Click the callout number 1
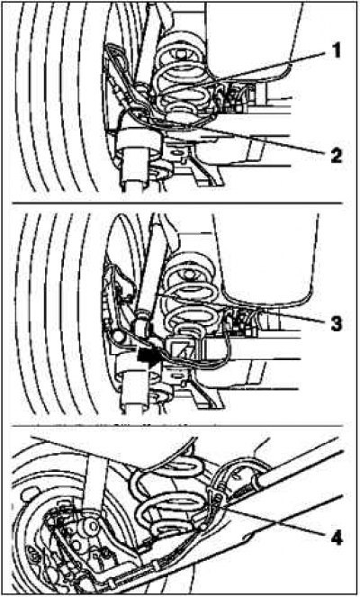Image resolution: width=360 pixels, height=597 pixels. coord(335,51)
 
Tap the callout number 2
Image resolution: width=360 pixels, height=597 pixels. coord(336,156)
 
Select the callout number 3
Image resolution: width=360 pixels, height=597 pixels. coord(336,324)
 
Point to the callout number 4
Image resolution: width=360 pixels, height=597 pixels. coord(337,538)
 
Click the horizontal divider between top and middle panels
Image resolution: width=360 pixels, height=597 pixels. coord(178,204)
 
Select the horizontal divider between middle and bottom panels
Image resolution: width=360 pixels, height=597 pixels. coord(178,426)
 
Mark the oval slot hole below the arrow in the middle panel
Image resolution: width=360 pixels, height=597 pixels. coord(177,376)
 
